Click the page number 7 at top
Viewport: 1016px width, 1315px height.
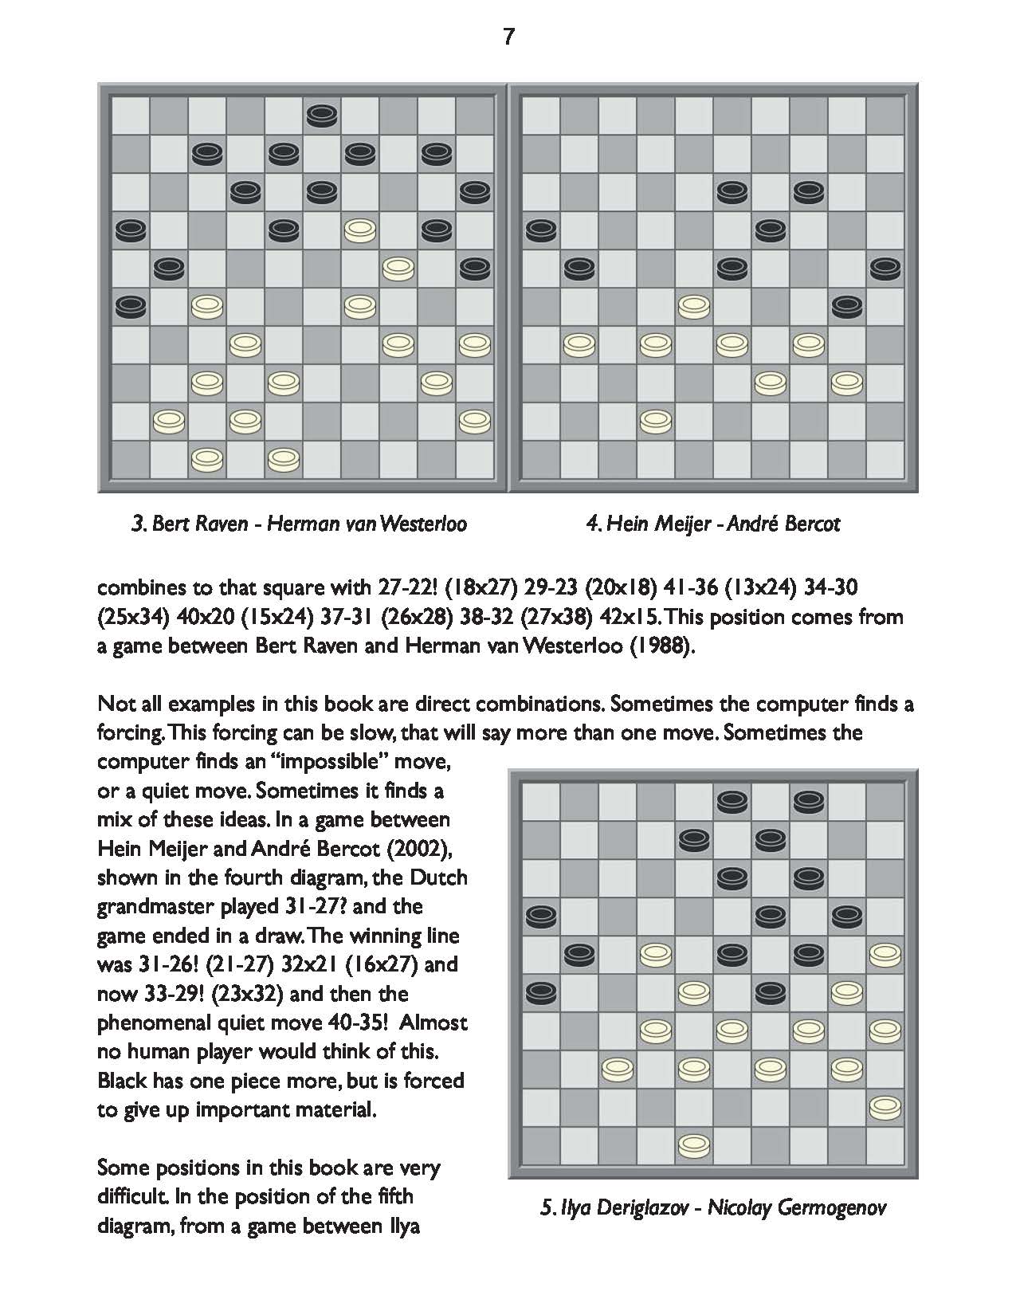508,37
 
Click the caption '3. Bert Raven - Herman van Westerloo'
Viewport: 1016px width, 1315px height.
299,524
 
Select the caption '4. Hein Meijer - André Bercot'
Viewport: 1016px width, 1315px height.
712,524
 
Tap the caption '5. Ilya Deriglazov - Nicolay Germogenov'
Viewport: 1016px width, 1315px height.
712,1207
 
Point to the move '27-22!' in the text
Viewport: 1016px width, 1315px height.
404,588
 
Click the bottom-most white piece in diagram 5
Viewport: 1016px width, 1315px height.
694,1144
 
